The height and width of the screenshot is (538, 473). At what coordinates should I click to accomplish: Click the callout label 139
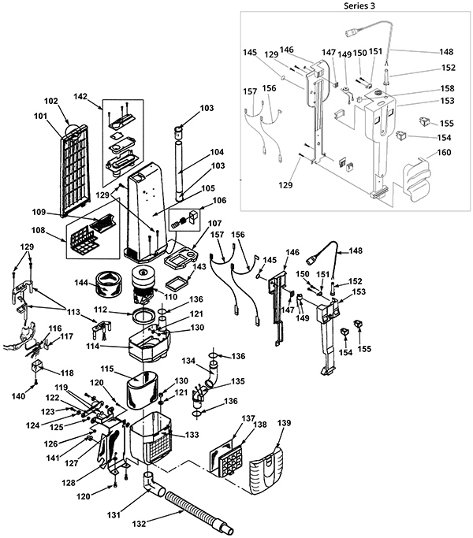click(284, 424)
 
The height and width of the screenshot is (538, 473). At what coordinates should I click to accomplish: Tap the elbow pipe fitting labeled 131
click(153, 487)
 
